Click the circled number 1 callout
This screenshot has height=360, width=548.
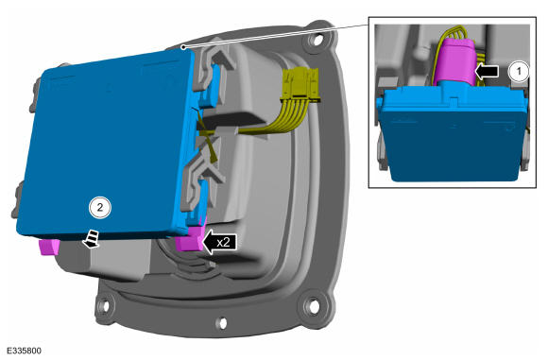519,71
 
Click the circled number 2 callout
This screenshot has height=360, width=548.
100,208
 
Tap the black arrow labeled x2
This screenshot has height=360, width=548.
219,242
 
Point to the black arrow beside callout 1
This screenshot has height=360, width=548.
487,71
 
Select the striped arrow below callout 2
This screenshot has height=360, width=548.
92,239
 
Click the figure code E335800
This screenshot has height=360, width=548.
25,351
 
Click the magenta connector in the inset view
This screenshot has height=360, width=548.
455,63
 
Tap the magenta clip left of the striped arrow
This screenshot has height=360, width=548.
49,247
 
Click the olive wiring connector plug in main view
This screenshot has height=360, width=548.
301,85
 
